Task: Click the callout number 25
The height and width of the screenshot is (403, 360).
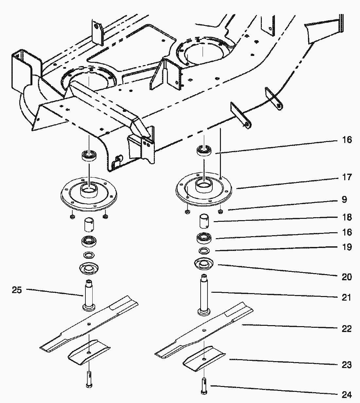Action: tap(17, 290)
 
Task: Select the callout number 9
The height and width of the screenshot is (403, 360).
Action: tap(344, 199)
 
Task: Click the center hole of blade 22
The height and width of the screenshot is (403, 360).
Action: tap(204, 330)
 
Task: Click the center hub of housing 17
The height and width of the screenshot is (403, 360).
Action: tap(204, 186)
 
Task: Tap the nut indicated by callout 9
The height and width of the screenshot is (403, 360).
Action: tap(220, 211)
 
